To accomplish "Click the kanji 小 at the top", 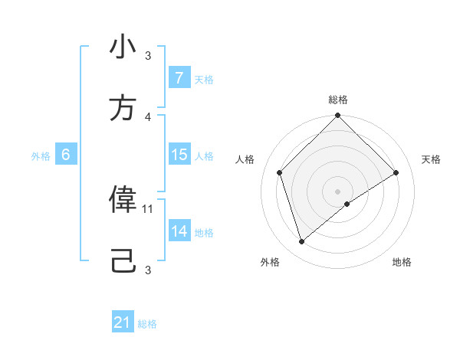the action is click(x=123, y=47).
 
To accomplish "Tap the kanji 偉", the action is click(x=123, y=199).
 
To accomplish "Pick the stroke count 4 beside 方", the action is click(x=149, y=116).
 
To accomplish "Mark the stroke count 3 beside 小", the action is click(x=149, y=56).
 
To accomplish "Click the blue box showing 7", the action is click(x=179, y=78).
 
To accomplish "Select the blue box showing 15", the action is click(x=179, y=155).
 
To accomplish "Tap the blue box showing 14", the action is click(x=179, y=231).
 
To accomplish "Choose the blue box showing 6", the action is click(x=66, y=155).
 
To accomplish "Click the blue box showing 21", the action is click(x=123, y=323).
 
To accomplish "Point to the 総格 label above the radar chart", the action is click(x=338, y=100).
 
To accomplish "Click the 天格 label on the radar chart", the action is click(x=431, y=159).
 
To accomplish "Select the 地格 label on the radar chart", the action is click(x=402, y=262).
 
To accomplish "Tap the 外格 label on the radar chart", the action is click(x=270, y=262).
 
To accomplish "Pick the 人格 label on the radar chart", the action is click(x=245, y=159).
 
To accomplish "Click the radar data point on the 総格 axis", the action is click(x=338, y=116).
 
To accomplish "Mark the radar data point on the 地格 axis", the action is click(x=347, y=204).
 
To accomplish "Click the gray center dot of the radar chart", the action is click(x=338, y=191).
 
